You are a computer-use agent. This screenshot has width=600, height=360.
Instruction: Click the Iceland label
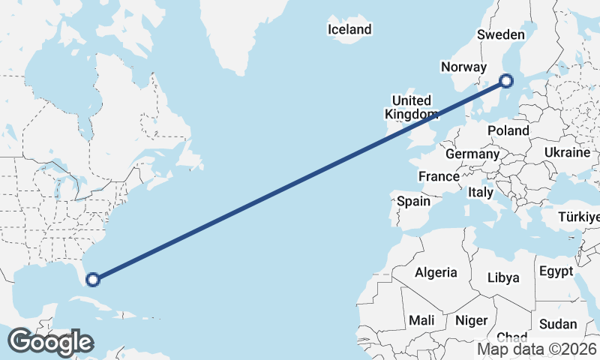click(349, 30)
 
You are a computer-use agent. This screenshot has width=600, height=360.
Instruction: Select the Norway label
click(463, 67)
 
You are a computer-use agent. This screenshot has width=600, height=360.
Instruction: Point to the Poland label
click(508, 130)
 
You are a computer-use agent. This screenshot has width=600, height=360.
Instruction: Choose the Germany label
click(472, 154)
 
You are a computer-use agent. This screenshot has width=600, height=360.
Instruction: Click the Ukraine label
click(567, 152)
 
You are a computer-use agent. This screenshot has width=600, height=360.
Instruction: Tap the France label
click(439, 177)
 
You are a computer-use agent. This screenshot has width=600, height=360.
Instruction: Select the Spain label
click(413, 201)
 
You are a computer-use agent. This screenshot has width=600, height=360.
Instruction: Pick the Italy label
click(480, 193)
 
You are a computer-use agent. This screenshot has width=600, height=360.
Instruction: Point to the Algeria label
click(436, 272)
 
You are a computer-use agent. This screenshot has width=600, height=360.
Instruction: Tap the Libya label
click(503, 277)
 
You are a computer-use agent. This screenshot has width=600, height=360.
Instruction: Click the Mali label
click(421, 320)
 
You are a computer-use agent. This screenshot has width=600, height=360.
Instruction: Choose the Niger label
click(471, 320)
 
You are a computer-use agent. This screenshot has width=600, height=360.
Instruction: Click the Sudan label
click(558, 324)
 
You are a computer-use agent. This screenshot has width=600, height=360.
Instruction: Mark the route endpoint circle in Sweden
click(506, 81)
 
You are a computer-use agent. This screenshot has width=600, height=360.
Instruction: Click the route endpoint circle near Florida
click(93, 280)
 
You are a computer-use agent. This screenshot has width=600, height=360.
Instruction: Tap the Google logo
click(49, 342)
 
